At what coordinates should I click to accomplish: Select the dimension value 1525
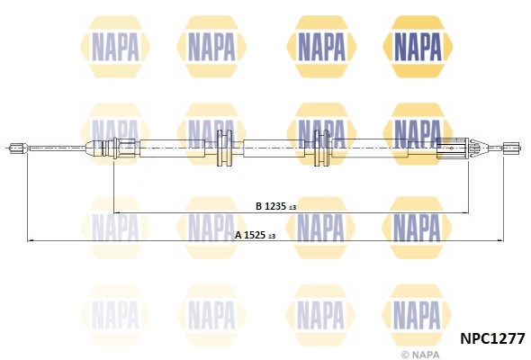256,235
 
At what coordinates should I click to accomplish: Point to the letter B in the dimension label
257,206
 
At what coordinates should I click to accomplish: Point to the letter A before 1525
238,235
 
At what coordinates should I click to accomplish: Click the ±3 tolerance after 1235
292,207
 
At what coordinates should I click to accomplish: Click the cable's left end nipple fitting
16,148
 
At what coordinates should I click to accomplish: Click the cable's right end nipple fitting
509,148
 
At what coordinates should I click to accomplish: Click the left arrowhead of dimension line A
31,240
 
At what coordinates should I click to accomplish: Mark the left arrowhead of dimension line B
117,213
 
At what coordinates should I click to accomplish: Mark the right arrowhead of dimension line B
467,213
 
